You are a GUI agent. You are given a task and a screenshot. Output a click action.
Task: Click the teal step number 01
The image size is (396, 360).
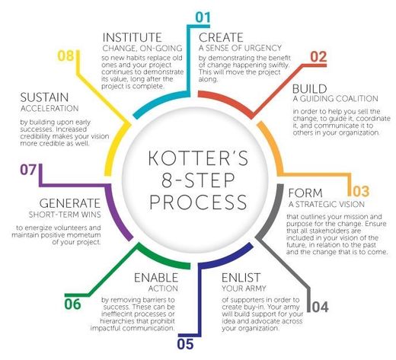(x=203, y=17)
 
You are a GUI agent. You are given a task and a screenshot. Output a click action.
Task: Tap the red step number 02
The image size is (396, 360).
(x=318, y=56)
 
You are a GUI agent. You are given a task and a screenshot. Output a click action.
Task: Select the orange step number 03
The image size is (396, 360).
(x=361, y=191)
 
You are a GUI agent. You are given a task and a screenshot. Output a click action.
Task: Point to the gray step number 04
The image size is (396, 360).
(x=320, y=307)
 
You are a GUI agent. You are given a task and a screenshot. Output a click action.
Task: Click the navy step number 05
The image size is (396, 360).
(x=186, y=344)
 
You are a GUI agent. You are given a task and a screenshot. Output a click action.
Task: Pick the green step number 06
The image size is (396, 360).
(x=72, y=304)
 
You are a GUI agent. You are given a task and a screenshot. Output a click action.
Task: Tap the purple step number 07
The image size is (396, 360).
(x=28, y=170)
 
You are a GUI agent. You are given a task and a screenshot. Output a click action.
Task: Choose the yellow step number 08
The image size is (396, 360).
(x=65, y=56)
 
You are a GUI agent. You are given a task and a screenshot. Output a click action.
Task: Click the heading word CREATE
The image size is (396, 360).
(x=221, y=37)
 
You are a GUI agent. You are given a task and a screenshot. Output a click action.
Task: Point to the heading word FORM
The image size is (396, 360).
(x=305, y=193)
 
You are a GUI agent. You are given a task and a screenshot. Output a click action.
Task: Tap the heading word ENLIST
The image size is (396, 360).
(x=241, y=278)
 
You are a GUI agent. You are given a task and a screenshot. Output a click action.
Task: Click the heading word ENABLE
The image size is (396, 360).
(x=156, y=278)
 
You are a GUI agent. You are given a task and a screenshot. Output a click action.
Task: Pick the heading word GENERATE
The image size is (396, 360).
(x=70, y=203)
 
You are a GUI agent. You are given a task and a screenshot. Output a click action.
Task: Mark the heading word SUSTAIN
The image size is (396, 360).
(x=45, y=97)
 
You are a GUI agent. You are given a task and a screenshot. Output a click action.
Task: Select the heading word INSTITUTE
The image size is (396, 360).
(x=133, y=37)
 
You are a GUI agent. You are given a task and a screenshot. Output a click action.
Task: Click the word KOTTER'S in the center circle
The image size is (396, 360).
(x=198, y=158)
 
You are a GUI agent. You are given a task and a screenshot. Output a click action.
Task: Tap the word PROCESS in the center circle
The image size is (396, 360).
(x=198, y=202)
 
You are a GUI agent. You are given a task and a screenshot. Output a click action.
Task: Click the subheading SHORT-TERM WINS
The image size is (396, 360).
(x=65, y=215)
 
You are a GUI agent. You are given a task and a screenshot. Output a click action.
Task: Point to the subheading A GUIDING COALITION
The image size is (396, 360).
(x=336, y=98)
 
